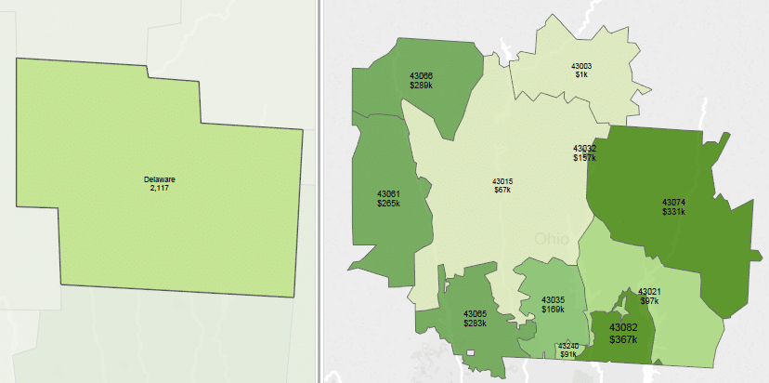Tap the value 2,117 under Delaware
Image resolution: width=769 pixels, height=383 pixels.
[x=160, y=188]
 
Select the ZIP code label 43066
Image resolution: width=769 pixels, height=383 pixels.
[x=421, y=75]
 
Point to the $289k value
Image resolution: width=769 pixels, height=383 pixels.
[x=421, y=85]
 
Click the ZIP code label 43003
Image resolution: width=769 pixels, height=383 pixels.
[x=580, y=66]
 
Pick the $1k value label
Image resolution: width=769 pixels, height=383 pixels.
[x=580, y=75]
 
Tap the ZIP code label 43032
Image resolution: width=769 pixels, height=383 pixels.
[x=584, y=149]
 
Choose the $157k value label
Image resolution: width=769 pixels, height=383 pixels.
[x=584, y=158]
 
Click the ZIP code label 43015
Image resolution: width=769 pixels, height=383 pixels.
[x=502, y=180]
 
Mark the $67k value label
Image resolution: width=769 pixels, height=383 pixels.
[x=502, y=190]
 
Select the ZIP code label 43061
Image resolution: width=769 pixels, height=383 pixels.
[x=388, y=193]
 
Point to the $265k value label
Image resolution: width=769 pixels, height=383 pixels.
[x=388, y=203]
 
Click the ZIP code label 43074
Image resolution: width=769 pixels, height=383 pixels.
[x=673, y=202]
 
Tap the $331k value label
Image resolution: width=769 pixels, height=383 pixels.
[x=673, y=211]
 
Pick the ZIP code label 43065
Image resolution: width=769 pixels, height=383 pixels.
[x=475, y=314]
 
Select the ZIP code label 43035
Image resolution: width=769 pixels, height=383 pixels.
[x=554, y=299]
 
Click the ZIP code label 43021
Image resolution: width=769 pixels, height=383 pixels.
[x=649, y=292]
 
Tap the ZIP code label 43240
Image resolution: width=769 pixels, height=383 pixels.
[x=568, y=346]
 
